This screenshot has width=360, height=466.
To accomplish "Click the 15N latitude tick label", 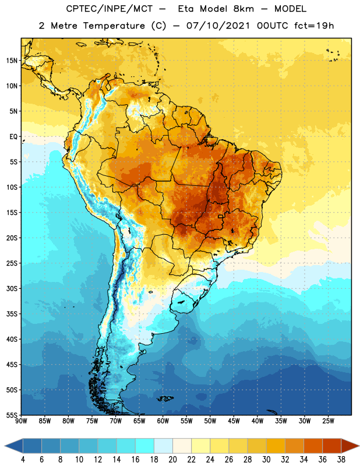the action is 12,61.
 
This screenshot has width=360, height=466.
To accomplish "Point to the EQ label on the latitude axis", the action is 13,137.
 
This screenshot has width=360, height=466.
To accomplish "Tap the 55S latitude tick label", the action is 12,415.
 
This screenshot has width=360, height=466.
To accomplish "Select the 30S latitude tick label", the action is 12,288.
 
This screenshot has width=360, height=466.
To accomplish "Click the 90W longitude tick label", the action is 21,421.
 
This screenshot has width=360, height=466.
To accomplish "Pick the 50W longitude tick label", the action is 210,421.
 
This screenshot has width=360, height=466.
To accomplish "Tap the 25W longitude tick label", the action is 328,421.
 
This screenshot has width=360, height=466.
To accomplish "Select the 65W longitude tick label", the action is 139,421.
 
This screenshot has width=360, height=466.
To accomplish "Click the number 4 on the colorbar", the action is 23,460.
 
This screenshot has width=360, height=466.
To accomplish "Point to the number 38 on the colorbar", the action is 341,460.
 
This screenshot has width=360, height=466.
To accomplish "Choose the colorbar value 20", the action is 172,460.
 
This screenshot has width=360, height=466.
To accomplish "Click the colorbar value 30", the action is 266,460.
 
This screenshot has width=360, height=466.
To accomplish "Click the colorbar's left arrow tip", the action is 5,446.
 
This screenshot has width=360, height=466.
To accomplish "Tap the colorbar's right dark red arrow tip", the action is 359,446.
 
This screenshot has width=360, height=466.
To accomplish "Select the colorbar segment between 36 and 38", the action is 332,446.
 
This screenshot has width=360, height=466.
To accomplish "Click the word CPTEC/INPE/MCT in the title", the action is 110,9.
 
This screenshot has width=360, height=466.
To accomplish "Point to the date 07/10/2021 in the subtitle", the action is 218,26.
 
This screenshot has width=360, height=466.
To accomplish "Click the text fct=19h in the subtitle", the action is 314,26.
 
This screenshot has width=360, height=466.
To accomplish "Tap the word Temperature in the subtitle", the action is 114,26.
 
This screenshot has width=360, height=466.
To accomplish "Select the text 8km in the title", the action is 243,9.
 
